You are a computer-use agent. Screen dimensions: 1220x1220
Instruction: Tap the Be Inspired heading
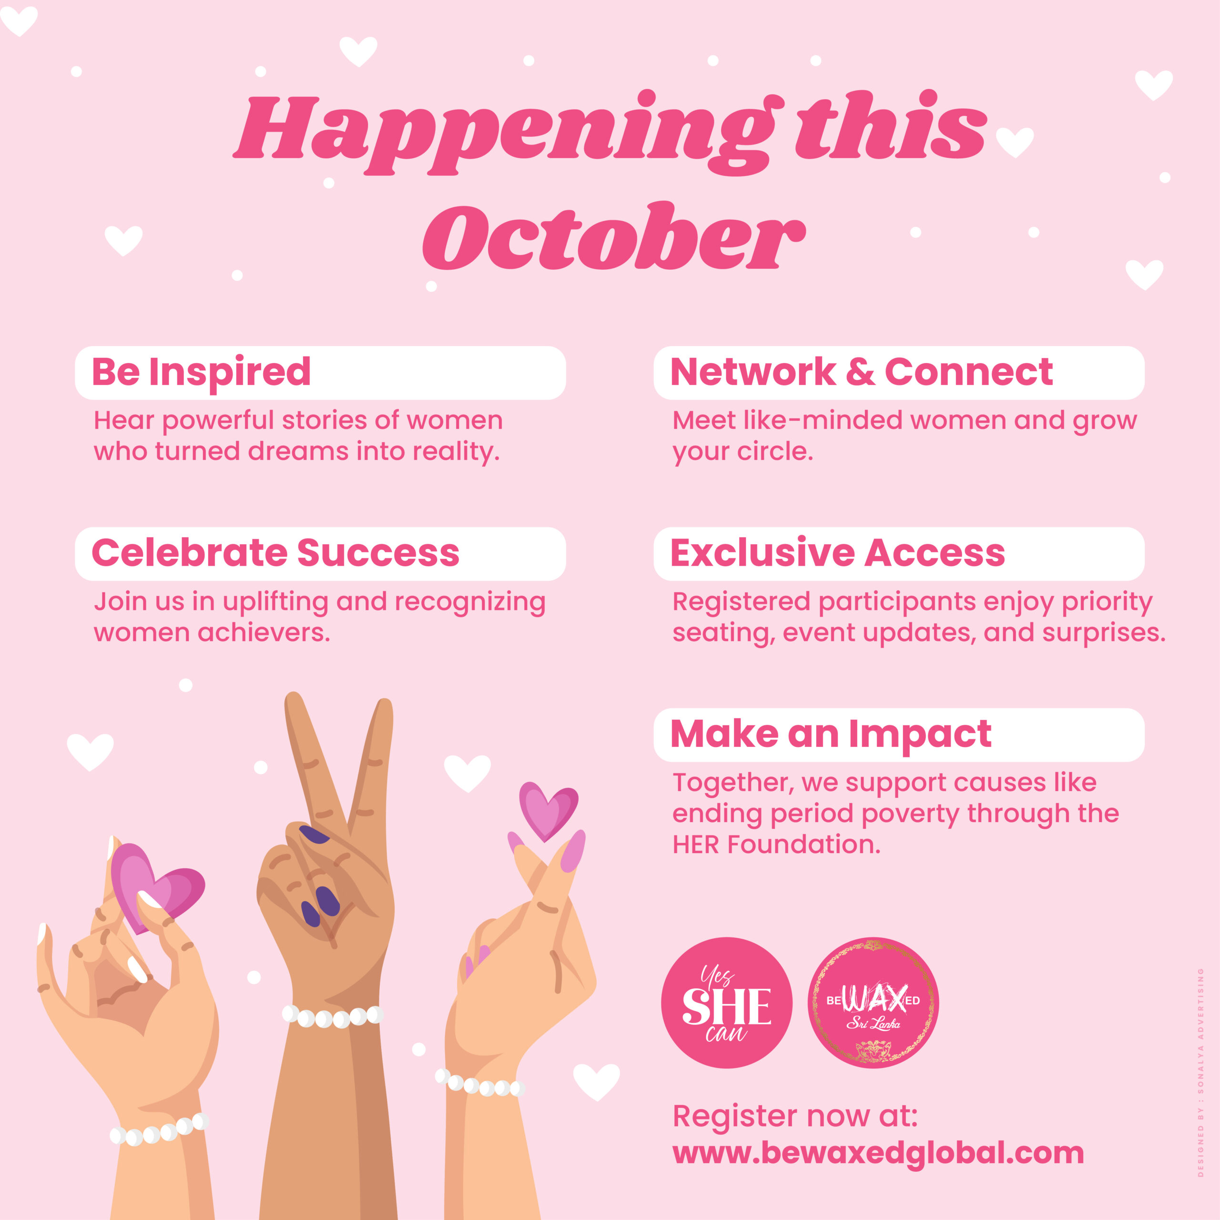tap(202, 372)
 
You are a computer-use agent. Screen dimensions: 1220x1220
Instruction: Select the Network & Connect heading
tap(861, 371)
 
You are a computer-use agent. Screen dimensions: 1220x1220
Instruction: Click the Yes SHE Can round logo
tap(726, 1002)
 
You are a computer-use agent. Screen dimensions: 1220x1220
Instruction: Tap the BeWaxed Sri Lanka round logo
tap(874, 1002)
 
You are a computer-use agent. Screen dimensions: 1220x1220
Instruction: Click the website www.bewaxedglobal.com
tap(878, 1153)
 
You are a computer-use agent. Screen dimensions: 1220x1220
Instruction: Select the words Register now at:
tap(795, 1116)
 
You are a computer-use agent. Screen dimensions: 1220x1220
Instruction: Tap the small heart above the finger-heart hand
tap(548, 811)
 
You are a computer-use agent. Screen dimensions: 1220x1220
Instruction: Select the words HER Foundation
tap(776, 844)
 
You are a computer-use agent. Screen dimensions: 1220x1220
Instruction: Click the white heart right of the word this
tap(1015, 142)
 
